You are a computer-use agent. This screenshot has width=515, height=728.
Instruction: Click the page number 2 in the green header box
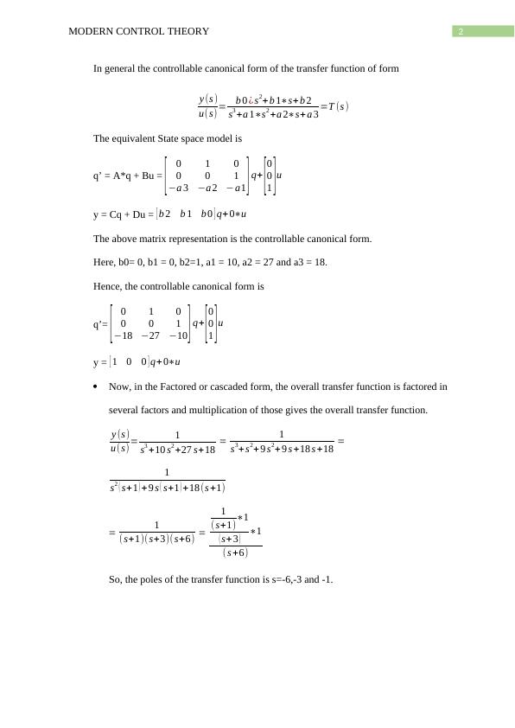[x=461, y=32]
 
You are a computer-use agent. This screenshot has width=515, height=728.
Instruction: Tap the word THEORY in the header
[x=190, y=32]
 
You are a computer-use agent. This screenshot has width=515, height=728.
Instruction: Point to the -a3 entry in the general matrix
[x=178, y=187]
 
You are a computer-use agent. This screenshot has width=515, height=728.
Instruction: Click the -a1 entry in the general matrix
[x=235, y=187]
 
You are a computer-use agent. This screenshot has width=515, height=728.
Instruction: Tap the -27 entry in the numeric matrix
[x=151, y=335]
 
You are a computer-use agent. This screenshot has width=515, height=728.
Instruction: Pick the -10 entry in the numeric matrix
[x=179, y=335]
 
